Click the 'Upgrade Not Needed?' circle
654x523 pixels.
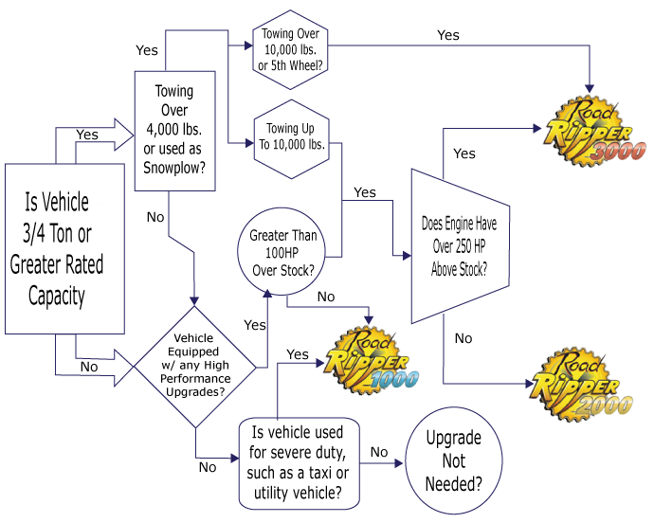point(453,460)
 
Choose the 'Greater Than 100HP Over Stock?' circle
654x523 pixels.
point(282,251)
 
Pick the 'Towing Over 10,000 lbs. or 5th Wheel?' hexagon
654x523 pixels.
point(290,49)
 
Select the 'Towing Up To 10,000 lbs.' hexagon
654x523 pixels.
point(292,139)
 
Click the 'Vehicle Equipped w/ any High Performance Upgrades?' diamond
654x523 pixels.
point(195,367)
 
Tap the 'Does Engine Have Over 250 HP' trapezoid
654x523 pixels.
point(460,246)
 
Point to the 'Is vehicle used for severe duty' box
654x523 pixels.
point(300,463)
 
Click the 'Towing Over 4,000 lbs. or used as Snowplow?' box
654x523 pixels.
point(174,131)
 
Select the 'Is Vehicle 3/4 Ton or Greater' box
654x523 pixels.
point(64,248)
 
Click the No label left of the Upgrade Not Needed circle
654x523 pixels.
point(379,452)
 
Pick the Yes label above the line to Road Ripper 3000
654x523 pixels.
point(448,35)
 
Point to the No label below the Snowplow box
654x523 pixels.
point(155,217)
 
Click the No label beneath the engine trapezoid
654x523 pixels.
point(463,338)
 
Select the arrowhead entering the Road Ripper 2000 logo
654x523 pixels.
point(529,384)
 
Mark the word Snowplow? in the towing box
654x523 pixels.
point(174,168)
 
